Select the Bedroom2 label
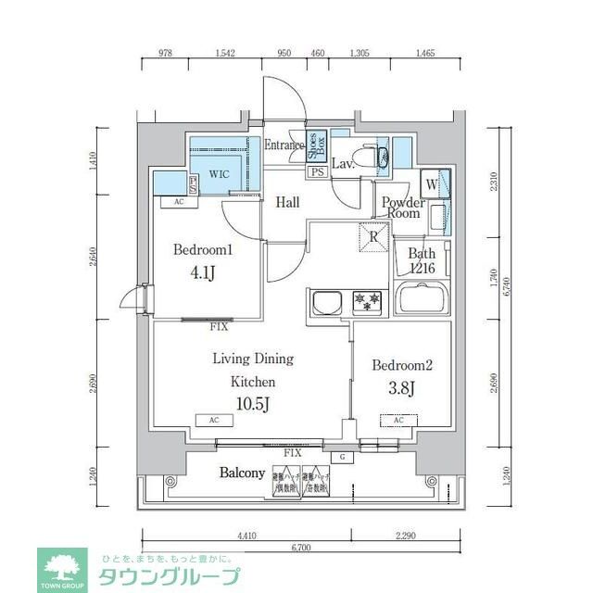397,365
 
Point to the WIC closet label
220,173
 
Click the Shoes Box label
316,149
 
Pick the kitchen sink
327,303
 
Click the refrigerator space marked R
372,236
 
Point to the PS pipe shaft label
317,172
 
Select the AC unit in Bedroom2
397,420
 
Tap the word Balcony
242,473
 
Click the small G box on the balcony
343,457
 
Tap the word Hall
286,202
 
